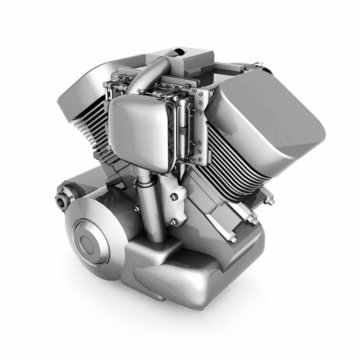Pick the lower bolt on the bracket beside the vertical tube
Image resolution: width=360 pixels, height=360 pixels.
[x=181, y=221]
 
